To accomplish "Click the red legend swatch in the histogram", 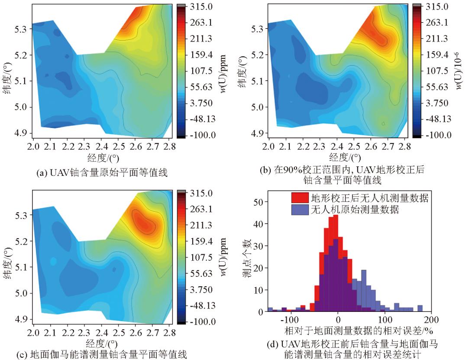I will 300,199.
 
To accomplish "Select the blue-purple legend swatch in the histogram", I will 300,210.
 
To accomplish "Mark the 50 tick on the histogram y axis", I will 257,201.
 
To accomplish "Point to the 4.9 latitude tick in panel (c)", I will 21,319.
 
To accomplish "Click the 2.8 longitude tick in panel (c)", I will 170,333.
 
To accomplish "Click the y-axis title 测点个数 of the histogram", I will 245,258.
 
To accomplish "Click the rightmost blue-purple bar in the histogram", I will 420,308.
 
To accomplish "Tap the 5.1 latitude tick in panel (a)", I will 21,81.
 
